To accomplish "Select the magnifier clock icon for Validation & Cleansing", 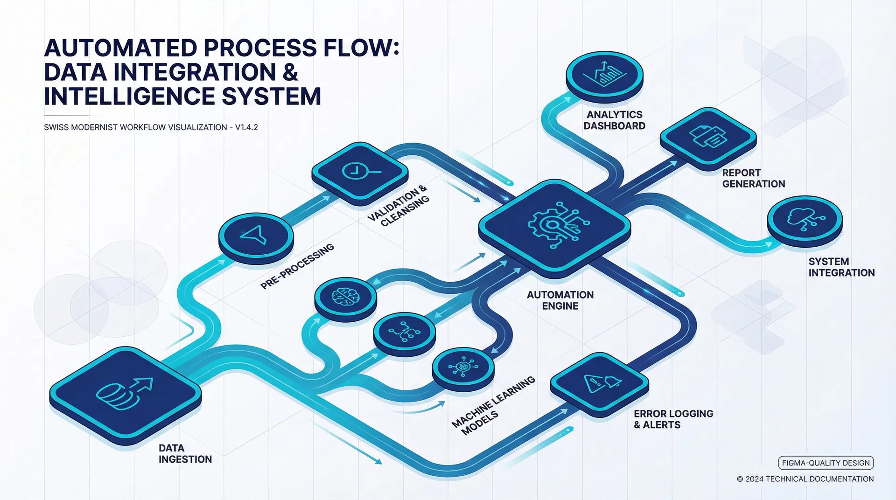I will click(x=359, y=172).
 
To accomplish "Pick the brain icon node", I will click(x=345, y=296).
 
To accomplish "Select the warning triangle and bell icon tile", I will click(x=600, y=382).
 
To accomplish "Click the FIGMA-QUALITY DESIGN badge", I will click(x=826, y=463).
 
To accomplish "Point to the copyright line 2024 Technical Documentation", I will click(x=805, y=479).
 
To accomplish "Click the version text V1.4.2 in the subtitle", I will click(x=246, y=127).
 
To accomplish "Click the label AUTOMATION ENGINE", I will click(x=560, y=300).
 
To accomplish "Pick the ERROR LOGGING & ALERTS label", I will click(x=673, y=419).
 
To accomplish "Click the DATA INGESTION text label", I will click(x=185, y=453).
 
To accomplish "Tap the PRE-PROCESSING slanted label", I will click(x=297, y=266).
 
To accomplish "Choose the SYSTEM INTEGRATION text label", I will click(x=841, y=267).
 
